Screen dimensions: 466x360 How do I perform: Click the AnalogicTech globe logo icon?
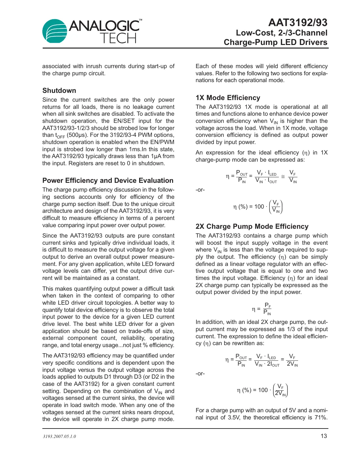(55, 31)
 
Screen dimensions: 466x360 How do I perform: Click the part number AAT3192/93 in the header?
(298, 22)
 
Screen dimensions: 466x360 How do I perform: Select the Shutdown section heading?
(59, 91)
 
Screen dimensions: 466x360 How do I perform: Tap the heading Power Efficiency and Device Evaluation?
(108, 181)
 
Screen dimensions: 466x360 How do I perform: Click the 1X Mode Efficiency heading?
(228, 98)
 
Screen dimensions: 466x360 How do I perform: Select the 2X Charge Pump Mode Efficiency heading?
(252, 226)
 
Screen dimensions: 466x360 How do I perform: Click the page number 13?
(324, 436)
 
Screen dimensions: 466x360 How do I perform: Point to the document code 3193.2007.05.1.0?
(59, 436)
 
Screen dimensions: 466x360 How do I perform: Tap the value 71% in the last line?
(321, 417)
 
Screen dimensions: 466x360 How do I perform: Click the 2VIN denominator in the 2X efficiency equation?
(292, 364)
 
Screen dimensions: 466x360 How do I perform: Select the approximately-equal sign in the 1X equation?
(283, 177)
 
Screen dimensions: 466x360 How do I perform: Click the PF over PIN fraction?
(267, 309)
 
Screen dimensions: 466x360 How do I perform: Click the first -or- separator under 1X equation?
(200, 190)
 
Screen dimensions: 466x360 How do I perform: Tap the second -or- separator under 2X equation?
(200, 373)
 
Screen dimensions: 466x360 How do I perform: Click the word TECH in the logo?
(118, 38)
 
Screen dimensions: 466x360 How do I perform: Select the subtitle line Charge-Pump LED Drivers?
(275, 42)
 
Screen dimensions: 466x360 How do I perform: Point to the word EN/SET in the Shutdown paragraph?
(124, 121)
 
